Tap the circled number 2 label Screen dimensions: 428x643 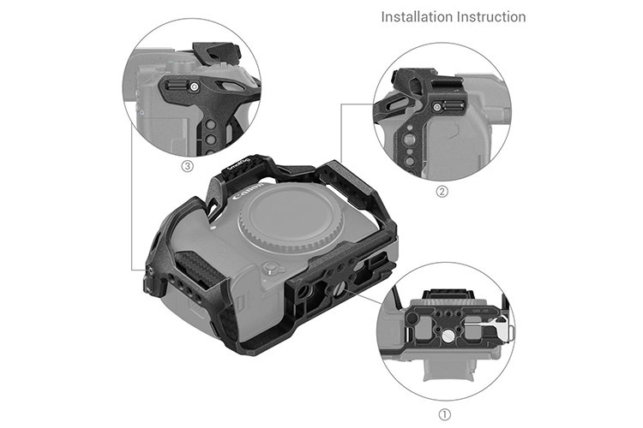(442, 191)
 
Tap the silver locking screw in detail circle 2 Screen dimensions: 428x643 (437, 108)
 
